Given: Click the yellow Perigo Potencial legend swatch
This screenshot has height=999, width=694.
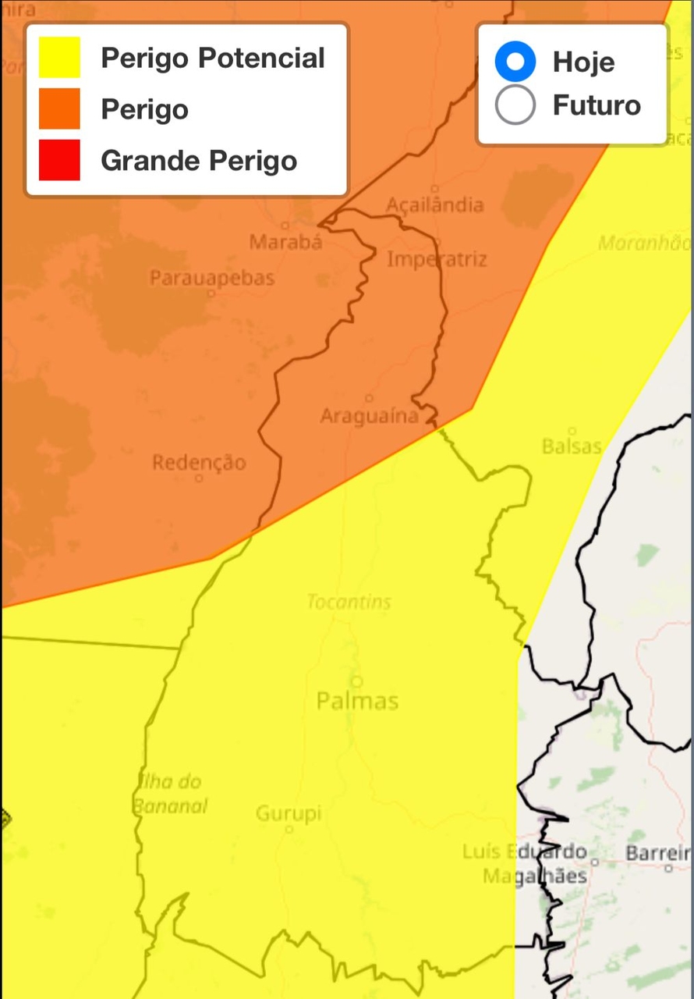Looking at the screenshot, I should [x=59, y=58].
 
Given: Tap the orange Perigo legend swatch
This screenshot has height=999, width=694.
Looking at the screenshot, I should [x=59, y=108].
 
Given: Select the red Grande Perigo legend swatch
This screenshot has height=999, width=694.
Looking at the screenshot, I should [x=59, y=160].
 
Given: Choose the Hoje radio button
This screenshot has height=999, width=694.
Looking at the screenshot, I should [x=515, y=61].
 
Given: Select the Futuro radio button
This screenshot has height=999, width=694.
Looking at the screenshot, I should [x=515, y=105].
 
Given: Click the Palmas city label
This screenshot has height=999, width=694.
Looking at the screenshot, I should [x=357, y=701].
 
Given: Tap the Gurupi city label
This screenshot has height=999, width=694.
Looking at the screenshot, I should [x=289, y=814].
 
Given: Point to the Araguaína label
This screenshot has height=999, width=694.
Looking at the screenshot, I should [x=370, y=416].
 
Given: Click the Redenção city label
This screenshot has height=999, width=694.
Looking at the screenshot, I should [x=199, y=463].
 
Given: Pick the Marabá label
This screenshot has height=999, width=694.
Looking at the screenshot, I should [x=285, y=242].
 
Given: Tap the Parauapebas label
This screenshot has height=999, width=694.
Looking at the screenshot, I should [x=212, y=278].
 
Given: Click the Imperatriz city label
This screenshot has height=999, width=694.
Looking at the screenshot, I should [x=437, y=259].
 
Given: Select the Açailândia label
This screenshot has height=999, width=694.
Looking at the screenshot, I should [x=435, y=204].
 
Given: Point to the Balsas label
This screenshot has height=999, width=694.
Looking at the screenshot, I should [x=572, y=446].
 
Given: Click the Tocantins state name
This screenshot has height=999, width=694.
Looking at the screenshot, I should [x=349, y=602].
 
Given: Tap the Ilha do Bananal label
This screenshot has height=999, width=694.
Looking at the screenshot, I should [x=169, y=793].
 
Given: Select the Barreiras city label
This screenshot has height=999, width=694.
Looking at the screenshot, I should [x=660, y=853].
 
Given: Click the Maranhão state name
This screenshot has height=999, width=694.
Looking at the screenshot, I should [x=645, y=244].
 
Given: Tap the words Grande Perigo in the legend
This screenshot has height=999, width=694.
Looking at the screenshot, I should [x=199, y=161].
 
